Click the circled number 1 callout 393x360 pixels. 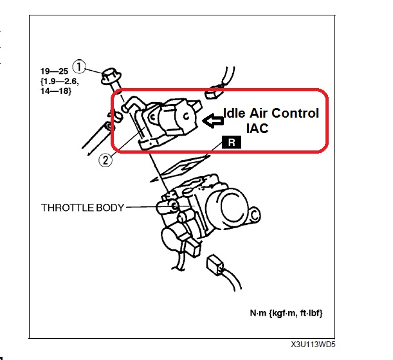[x=79, y=67]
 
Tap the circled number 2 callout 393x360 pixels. [x=105, y=160]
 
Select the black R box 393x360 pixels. [x=232, y=142]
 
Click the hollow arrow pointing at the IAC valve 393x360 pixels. [x=212, y=121]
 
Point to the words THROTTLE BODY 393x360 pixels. [x=82, y=208]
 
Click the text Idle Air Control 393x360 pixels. [x=271, y=113]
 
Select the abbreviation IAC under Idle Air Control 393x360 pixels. [x=257, y=129]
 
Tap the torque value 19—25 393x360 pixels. [x=55, y=71]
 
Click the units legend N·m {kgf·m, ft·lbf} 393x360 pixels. [x=286, y=313]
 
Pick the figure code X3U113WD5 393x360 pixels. [x=313, y=345]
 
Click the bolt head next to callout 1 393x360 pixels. [x=111, y=76]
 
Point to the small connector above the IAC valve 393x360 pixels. [x=214, y=93]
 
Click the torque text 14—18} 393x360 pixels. [x=56, y=91]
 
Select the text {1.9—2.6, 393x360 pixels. [x=60, y=81]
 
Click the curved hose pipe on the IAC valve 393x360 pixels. [x=133, y=104]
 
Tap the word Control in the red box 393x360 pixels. [x=295, y=113]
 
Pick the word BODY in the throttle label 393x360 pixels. [x=110, y=208]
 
